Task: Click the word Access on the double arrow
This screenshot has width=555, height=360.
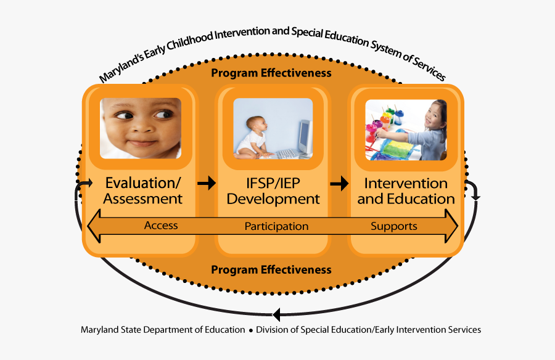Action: (161, 226)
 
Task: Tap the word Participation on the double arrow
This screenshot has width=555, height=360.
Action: (276, 226)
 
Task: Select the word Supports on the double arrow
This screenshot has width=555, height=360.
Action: (394, 226)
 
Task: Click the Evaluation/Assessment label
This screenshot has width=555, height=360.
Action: (142, 191)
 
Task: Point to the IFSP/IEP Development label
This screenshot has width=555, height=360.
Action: (274, 191)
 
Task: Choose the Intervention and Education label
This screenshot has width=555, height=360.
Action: (406, 191)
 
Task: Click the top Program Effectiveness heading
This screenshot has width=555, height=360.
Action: (271, 73)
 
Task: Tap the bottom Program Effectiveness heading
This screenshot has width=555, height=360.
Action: (271, 270)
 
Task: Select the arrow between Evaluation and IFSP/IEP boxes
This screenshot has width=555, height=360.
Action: (207, 182)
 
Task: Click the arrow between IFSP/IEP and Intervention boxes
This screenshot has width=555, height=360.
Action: (339, 182)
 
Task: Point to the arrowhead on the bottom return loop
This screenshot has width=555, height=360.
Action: (277, 314)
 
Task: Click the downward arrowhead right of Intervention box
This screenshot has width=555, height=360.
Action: (475, 197)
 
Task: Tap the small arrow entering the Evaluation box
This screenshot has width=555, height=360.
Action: (86, 183)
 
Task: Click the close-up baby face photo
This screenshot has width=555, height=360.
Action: (141, 128)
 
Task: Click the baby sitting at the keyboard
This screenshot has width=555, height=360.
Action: (254, 137)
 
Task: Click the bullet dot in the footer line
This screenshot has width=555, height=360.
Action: (251, 330)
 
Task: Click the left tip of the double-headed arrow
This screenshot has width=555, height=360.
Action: (90, 226)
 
